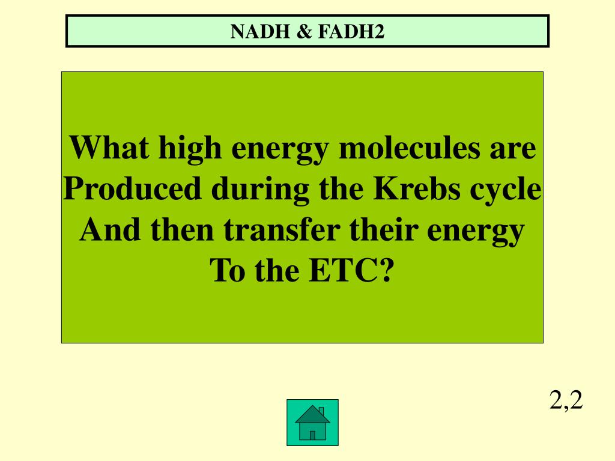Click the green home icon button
coord(312,423)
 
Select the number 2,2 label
coord(566,400)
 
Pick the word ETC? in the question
coord(352,271)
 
